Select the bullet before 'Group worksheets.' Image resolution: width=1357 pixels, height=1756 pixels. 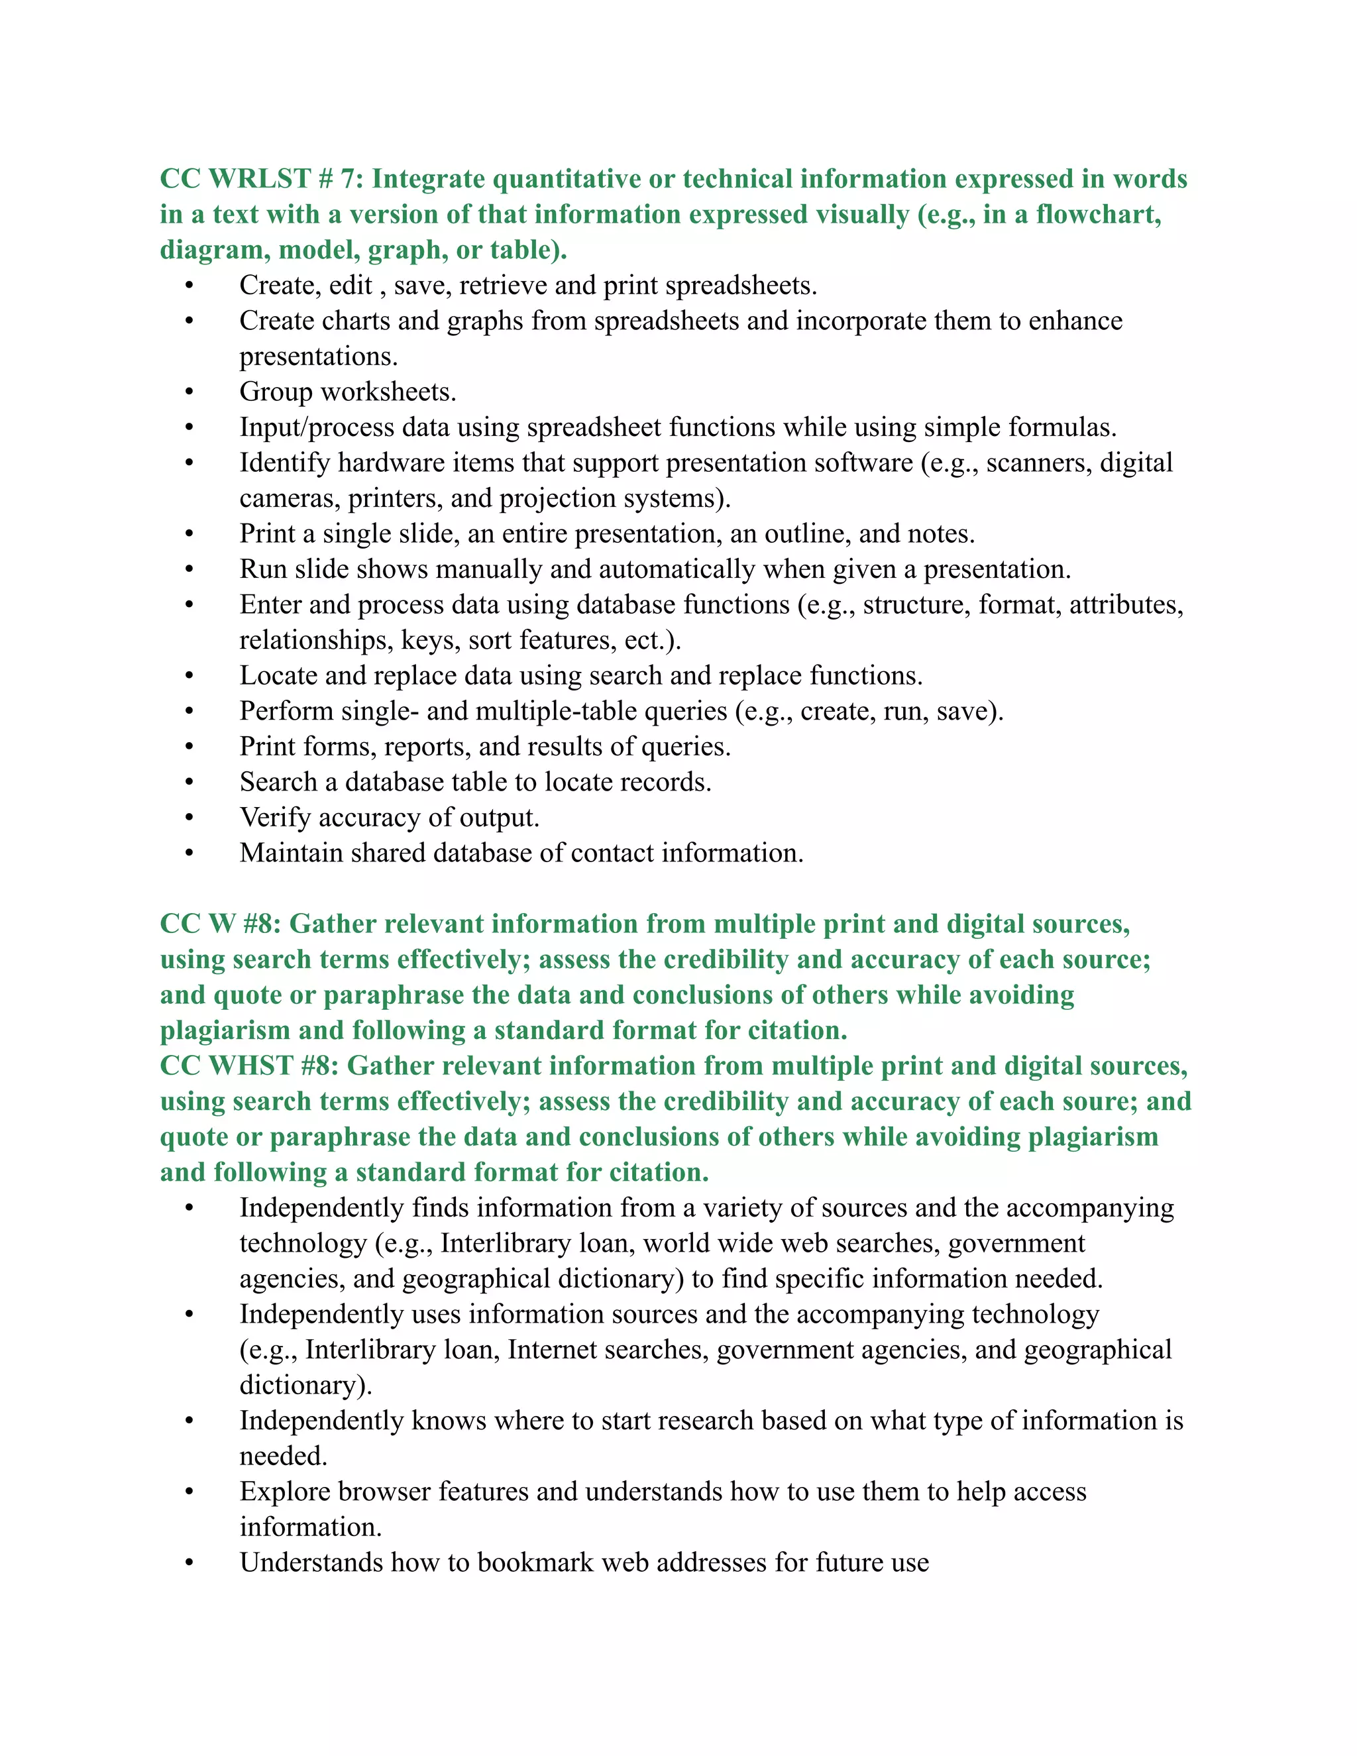[190, 392]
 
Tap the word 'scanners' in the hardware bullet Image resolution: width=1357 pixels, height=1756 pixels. [1038, 463]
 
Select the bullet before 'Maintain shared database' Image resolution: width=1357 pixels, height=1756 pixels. [190, 854]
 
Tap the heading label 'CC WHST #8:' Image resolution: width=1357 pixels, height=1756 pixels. [249, 1066]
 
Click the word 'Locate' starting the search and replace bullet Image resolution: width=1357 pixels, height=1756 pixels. [278, 676]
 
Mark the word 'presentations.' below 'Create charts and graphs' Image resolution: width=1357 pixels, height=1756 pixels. [318, 357]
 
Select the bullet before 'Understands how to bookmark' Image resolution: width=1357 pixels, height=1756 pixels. [190, 1563]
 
